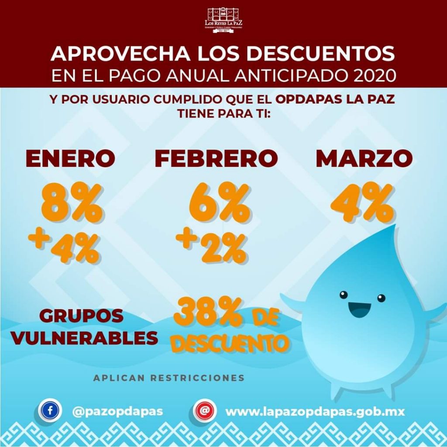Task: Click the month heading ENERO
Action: click(70, 158)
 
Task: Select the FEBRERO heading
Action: click(216, 158)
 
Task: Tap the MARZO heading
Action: click(364, 158)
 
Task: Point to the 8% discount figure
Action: click(72, 203)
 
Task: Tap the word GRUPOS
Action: click(81, 316)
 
